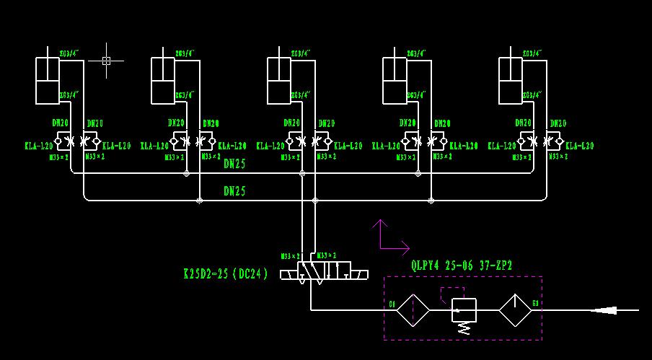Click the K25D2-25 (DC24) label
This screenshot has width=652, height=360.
coord(226,274)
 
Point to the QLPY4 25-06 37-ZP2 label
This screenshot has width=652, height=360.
coord(462,265)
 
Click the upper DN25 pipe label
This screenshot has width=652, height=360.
coord(234,164)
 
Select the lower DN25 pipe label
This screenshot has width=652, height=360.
coord(234,191)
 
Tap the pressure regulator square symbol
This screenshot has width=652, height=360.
coord(464,310)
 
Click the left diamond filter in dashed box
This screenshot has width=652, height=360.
coord(413,310)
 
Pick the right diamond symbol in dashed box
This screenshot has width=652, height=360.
coord(515,310)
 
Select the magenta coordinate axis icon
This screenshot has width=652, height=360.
coord(388,238)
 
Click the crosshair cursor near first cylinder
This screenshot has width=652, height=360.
coord(106,61)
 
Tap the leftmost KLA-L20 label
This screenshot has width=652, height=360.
coord(38,146)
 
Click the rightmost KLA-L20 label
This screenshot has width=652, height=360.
coord(580,146)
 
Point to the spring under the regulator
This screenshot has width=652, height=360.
coord(464,328)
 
